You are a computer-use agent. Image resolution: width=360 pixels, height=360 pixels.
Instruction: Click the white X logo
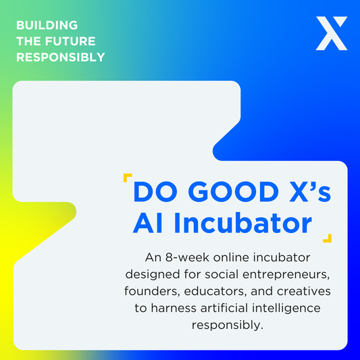(x=331, y=34)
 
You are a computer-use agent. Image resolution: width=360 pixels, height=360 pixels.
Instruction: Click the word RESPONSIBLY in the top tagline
(x=60, y=57)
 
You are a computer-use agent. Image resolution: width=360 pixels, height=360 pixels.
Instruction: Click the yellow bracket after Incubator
(x=328, y=237)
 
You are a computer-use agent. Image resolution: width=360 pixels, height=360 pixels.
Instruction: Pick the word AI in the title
(x=147, y=224)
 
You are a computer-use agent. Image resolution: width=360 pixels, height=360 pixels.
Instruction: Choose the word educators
(x=215, y=292)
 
